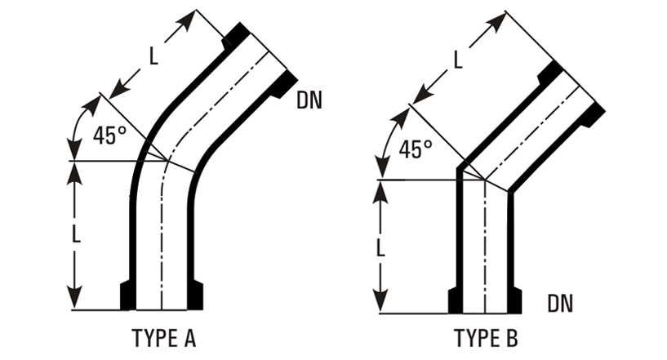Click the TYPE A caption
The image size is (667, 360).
coord(163,336)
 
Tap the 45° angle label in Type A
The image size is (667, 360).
coord(109,135)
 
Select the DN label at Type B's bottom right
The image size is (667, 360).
coord(560,304)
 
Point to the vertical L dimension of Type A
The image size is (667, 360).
coord(75,234)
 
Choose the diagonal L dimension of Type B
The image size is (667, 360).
coord(457,59)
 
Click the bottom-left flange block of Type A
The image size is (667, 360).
coord(127,295)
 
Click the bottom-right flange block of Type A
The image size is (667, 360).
coord(195,295)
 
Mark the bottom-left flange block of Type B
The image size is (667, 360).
coord(456,300)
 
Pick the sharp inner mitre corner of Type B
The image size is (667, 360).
coord(509,192)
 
